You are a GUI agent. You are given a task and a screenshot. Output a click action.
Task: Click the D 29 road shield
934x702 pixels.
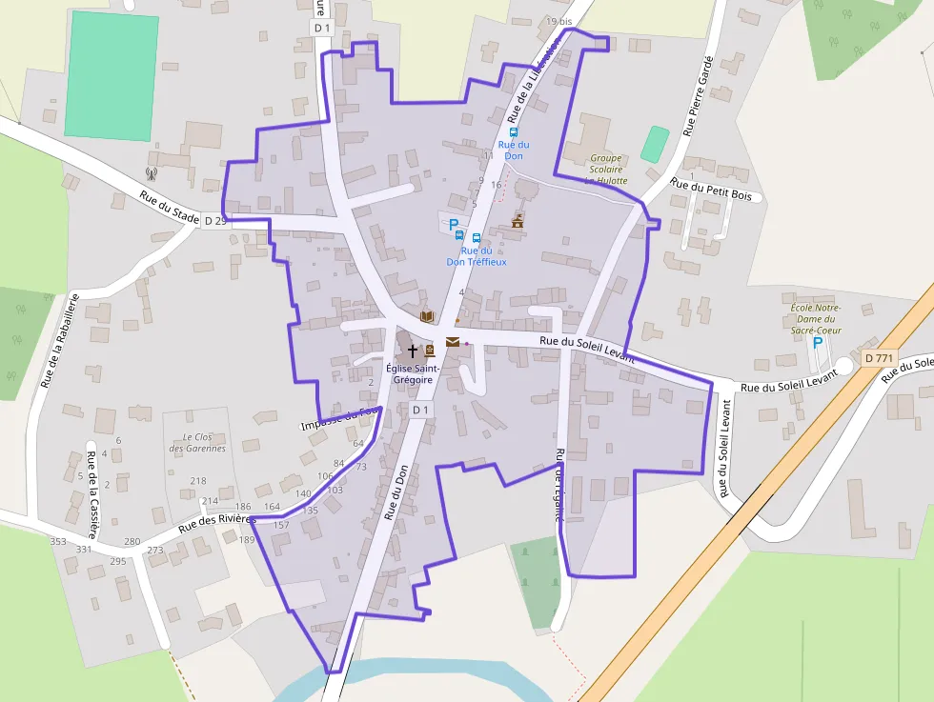[x=214, y=221]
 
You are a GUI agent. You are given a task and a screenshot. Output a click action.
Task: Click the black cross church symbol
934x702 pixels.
[x=412, y=351]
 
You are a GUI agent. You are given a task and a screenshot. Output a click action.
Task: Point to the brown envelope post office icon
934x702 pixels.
[x=452, y=342]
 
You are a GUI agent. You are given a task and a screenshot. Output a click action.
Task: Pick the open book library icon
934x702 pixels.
[x=427, y=316]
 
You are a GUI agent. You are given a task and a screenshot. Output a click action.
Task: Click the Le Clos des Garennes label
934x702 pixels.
[x=197, y=442]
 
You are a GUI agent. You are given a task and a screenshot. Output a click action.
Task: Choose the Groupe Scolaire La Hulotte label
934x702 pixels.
[x=605, y=169]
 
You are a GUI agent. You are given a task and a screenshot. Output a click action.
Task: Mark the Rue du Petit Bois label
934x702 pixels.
[x=710, y=190]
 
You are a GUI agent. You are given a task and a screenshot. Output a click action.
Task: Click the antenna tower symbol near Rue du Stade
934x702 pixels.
[x=151, y=173]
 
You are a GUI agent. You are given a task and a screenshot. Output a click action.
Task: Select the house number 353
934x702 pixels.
[x=58, y=541]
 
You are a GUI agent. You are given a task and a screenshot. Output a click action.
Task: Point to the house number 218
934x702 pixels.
[x=198, y=481]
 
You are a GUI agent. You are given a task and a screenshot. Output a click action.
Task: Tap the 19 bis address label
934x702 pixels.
[x=559, y=21]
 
